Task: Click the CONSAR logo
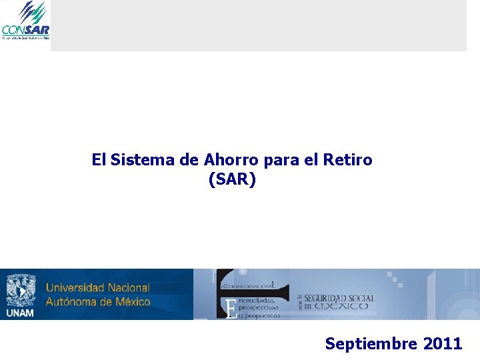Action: [x=25, y=21]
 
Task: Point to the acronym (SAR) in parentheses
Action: [x=232, y=180]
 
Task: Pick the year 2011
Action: [x=442, y=344]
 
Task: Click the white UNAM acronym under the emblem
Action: [x=20, y=313]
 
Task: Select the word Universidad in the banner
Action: [x=74, y=288]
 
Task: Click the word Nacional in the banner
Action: [x=127, y=288]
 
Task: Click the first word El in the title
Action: [x=99, y=160]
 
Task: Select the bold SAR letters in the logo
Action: [x=38, y=29]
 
